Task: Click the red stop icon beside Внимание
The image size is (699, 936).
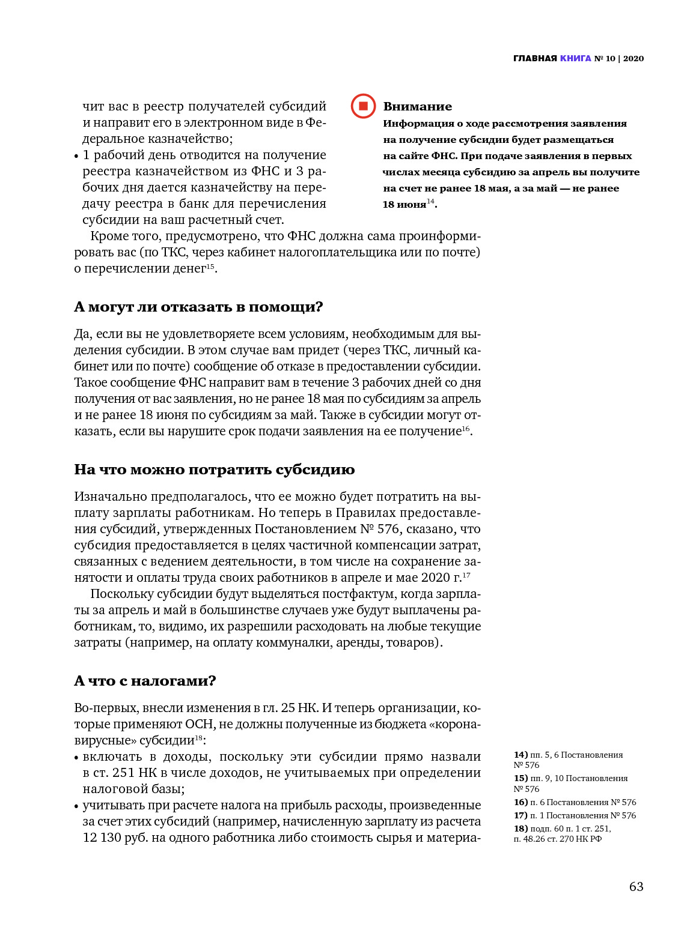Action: tap(363, 106)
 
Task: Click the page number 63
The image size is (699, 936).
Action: tap(636, 887)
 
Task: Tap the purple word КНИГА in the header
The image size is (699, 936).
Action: tap(575, 58)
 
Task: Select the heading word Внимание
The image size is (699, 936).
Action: tap(417, 106)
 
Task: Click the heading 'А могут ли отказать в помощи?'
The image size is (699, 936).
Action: tap(198, 307)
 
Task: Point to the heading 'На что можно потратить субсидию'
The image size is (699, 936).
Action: tap(214, 470)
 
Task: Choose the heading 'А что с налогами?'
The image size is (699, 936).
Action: tap(145, 681)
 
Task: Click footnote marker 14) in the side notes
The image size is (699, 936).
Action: tap(520, 755)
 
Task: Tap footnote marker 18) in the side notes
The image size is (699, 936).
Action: tap(520, 829)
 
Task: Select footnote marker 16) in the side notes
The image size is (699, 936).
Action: tap(520, 802)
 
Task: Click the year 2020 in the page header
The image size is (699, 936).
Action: tap(633, 58)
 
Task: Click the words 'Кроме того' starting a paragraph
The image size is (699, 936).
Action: tap(125, 236)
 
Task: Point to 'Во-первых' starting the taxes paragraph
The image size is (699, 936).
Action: tap(106, 708)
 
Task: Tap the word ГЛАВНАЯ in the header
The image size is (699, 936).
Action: tap(535, 58)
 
